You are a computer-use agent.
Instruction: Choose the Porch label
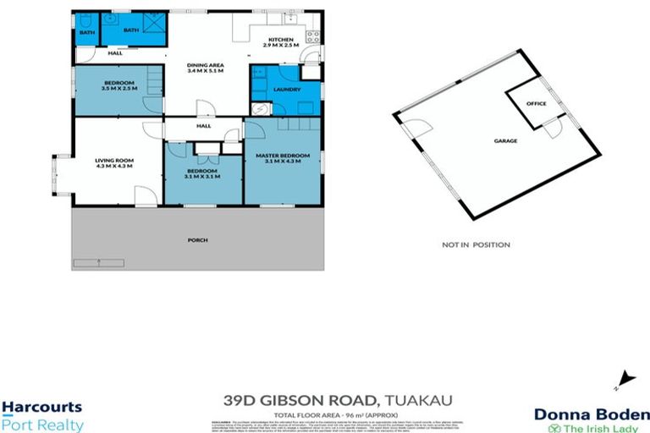click(x=197, y=240)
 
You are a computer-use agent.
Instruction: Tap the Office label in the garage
click(x=536, y=104)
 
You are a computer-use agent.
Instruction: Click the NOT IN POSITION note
click(x=476, y=245)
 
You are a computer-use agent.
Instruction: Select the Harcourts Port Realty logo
click(x=42, y=416)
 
